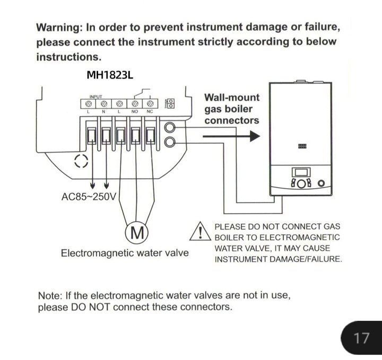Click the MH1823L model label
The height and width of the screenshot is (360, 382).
coord(110,75)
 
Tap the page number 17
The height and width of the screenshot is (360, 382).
coord(361,338)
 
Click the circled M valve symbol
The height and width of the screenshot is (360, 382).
coord(137,232)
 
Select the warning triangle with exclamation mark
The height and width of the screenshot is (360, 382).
coord(200,231)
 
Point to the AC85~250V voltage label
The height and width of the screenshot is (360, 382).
coord(89,196)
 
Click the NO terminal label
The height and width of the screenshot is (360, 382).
coord(134,111)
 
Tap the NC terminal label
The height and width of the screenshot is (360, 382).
coord(150,111)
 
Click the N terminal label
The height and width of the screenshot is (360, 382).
coord(103,111)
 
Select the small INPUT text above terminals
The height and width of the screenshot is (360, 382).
coord(95,96)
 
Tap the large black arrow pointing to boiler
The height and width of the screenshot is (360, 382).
coord(231,136)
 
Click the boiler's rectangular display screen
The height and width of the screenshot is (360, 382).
coord(301,172)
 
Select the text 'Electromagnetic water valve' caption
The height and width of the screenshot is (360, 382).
coord(125,253)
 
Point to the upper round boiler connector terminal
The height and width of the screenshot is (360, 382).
coord(170,127)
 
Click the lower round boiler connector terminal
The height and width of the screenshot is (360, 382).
coord(170,142)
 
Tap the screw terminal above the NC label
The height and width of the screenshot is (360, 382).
coord(150,104)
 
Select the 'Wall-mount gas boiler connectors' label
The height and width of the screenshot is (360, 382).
coord(232,109)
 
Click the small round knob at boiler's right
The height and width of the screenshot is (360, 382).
coord(322,183)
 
